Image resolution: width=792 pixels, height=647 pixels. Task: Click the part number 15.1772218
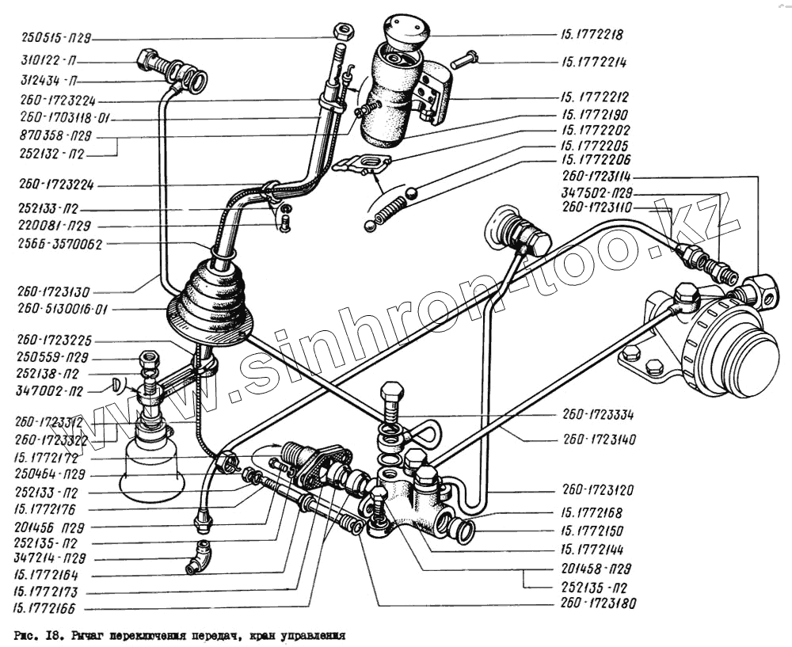[592, 35]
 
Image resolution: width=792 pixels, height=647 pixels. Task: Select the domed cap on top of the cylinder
[406, 29]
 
